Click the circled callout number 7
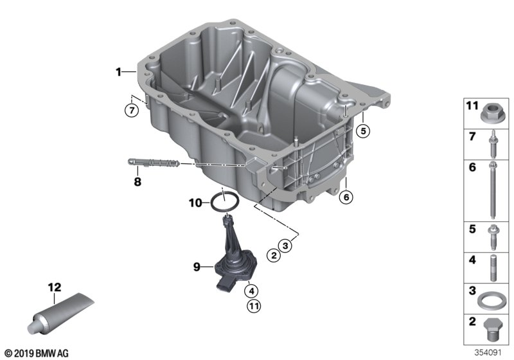[x=132, y=110]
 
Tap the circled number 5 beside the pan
[x=363, y=131]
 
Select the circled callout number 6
[x=346, y=197]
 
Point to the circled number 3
[x=285, y=245]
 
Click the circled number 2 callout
[x=274, y=255]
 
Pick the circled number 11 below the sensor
[x=254, y=307]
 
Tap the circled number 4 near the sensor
[x=251, y=291]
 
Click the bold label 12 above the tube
[x=55, y=287]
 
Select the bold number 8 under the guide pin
[x=137, y=181]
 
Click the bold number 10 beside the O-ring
[x=195, y=203]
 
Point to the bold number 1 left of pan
[x=118, y=72]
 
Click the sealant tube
[x=60, y=313]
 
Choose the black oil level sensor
[x=235, y=253]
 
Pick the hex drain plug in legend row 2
[x=493, y=330]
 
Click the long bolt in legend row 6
[x=492, y=190]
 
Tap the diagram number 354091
[x=488, y=352]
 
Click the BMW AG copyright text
[x=37, y=353]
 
